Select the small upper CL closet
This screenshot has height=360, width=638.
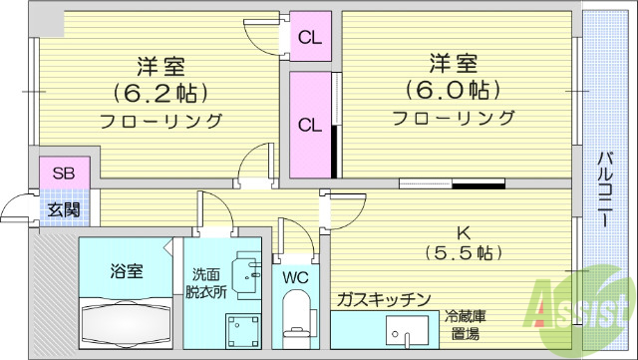(x=310, y=39)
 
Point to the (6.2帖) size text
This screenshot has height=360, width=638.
(x=159, y=94)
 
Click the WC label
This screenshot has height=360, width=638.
(x=295, y=276)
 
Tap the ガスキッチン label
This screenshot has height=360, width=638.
(x=382, y=299)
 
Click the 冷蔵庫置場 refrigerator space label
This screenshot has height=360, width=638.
(x=466, y=326)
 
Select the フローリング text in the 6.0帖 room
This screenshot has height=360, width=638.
(x=454, y=119)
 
